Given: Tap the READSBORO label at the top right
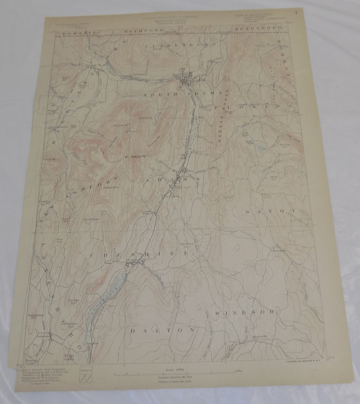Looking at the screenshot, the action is (258, 29).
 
